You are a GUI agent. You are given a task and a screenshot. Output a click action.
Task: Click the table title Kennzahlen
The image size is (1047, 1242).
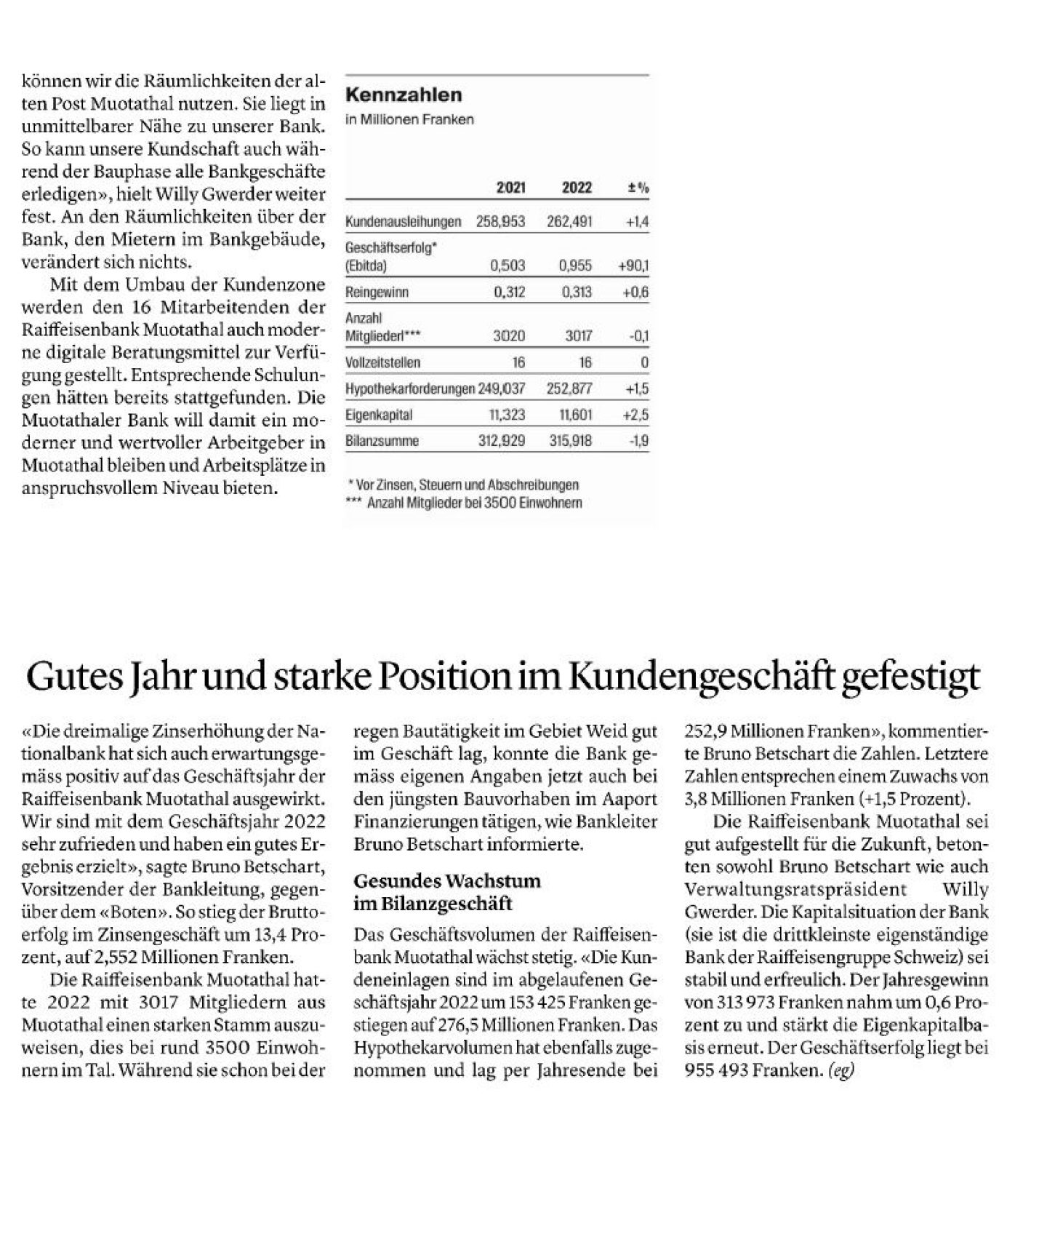tap(403, 95)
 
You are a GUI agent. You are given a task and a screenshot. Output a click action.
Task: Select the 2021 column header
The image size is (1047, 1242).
tap(510, 188)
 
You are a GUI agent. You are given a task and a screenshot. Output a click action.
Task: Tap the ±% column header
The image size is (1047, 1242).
tap(638, 188)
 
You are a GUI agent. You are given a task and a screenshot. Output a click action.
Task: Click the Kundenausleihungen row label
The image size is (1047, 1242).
tap(403, 221)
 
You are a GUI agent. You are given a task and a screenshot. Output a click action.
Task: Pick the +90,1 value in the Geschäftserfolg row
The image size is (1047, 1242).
tap(633, 266)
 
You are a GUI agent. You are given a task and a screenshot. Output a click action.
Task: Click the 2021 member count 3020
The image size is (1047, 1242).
tap(509, 336)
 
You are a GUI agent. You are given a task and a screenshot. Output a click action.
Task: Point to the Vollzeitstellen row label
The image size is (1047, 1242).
tap(382, 362)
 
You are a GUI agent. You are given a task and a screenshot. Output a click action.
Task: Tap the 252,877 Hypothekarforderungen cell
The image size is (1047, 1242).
tap(569, 389)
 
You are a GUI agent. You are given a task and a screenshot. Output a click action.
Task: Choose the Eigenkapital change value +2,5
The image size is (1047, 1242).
tap(635, 415)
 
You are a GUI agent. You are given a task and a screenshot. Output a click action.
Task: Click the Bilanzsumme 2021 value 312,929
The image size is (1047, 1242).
tap(501, 441)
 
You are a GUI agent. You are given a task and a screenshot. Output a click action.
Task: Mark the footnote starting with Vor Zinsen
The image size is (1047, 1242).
tap(465, 485)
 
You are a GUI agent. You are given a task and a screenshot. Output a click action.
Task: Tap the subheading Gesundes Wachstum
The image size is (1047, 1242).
tap(446, 881)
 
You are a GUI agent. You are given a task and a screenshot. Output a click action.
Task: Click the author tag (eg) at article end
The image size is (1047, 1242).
tap(840, 1071)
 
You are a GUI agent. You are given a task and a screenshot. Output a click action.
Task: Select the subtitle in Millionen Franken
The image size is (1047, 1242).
tap(409, 119)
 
